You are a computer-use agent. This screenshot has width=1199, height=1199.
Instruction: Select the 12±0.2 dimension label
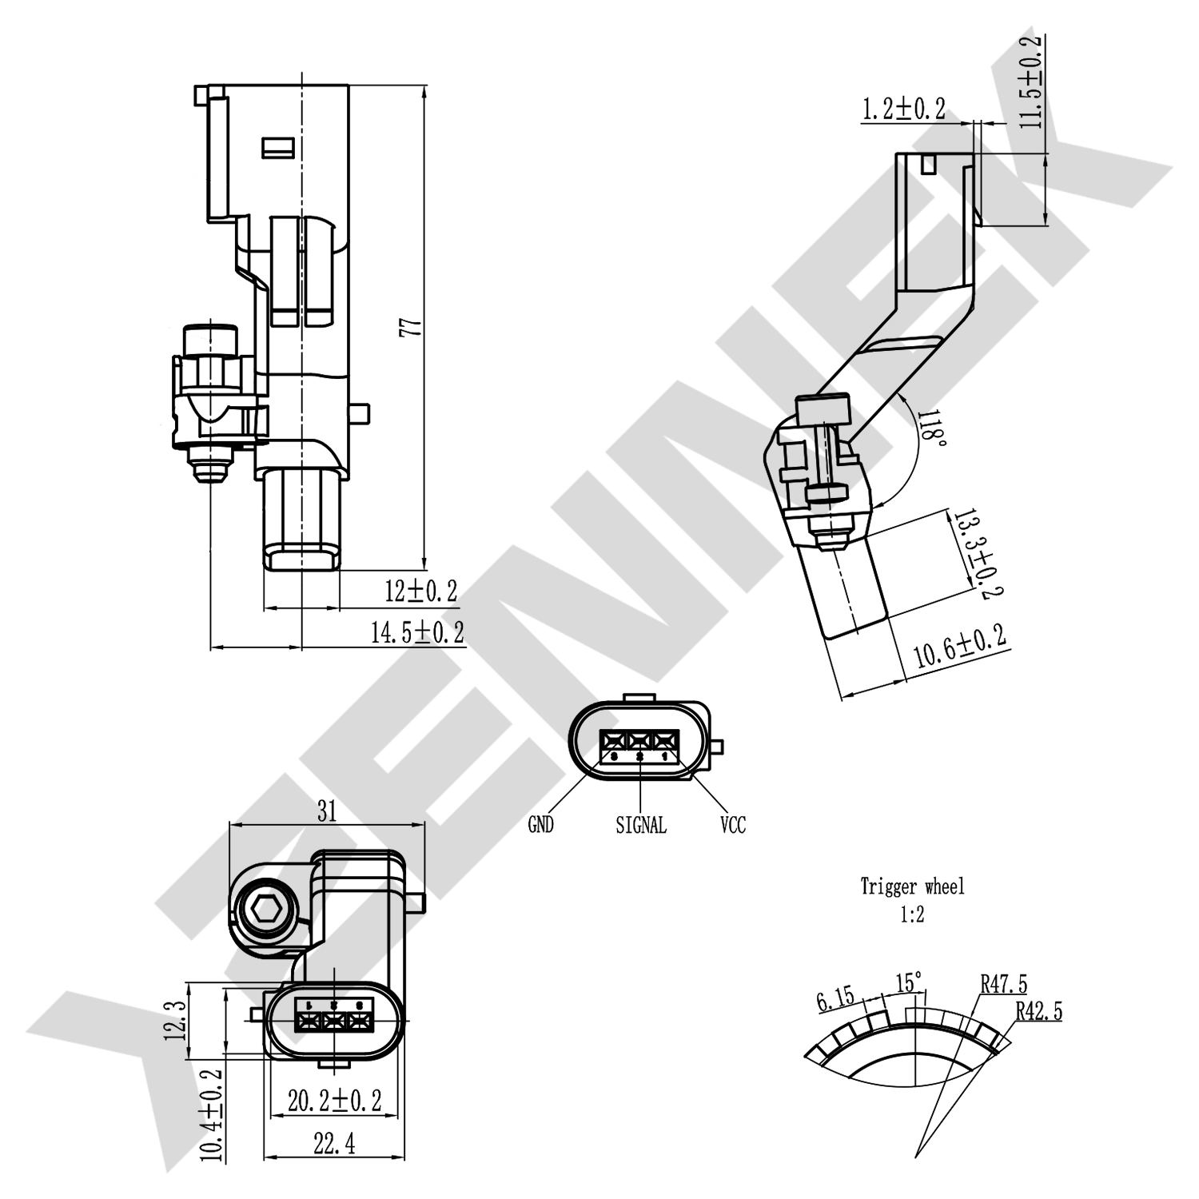pos(420,592)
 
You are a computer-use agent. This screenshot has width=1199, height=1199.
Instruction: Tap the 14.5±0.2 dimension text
pos(416,632)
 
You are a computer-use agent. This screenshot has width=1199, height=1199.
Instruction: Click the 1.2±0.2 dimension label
pos(902,109)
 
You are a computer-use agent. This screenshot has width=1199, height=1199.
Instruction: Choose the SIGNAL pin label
pos(640,825)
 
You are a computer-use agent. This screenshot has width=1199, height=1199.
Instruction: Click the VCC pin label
pos(732,825)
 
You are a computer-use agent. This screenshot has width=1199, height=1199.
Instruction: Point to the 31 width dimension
pos(326,811)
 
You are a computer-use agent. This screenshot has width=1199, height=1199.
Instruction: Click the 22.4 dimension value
pos(334,1145)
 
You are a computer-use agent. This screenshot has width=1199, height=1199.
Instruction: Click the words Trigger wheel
pos(912,886)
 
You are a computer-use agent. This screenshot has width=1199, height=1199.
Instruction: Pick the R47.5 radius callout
pos(1004,984)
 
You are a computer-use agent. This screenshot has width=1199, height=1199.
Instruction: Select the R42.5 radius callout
pos(1039,1012)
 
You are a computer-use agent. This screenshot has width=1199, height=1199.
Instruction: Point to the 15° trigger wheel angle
pos(909,982)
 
